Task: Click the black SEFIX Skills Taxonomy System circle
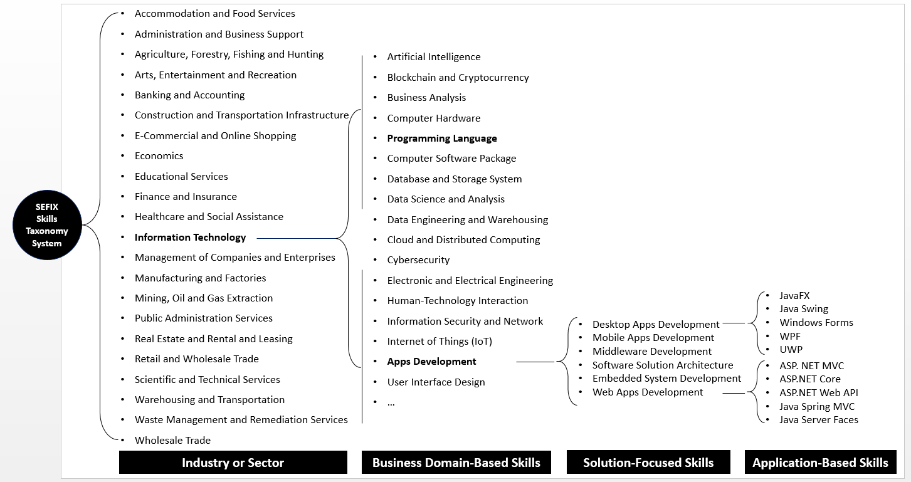(x=47, y=225)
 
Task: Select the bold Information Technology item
(x=190, y=237)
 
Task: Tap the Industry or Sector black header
(x=233, y=463)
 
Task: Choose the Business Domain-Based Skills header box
(x=456, y=463)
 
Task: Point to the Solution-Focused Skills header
(x=648, y=463)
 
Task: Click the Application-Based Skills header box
(x=820, y=463)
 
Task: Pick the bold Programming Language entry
(x=441, y=139)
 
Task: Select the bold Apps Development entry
(x=431, y=362)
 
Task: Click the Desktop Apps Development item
(x=656, y=324)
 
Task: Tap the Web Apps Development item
(x=648, y=392)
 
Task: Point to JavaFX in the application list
(x=794, y=296)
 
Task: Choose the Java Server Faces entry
(x=818, y=420)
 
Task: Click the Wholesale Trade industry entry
(x=172, y=440)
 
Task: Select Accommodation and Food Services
(x=214, y=14)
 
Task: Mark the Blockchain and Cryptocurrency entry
(x=458, y=78)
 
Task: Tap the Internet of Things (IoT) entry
(x=439, y=342)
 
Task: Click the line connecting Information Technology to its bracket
(x=295, y=238)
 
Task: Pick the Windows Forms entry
(x=816, y=323)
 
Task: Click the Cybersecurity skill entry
(x=418, y=260)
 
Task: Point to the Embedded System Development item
(x=666, y=379)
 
